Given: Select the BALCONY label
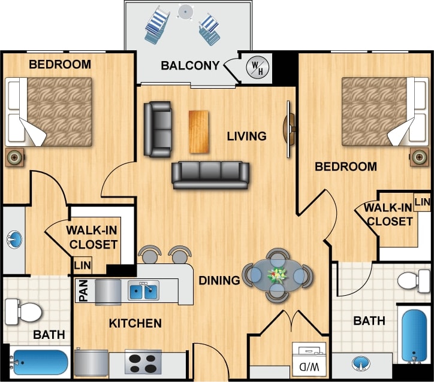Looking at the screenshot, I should [x=190, y=65].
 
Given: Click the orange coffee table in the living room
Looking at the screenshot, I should [x=200, y=131].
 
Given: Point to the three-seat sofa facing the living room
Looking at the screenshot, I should [x=210, y=174].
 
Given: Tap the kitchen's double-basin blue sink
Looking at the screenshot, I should [x=143, y=292].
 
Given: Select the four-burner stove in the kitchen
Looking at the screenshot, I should [x=143, y=363].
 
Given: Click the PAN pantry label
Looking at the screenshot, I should [x=83, y=292].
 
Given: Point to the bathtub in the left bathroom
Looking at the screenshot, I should [x=39, y=362].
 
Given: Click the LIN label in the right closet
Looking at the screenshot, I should [x=423, y=202].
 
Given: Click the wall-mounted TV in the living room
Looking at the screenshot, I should [x=290, y=129].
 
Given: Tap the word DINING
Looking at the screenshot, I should [x=219, y=280].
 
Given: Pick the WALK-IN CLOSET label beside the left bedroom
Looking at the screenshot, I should [x=92, y=237].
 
